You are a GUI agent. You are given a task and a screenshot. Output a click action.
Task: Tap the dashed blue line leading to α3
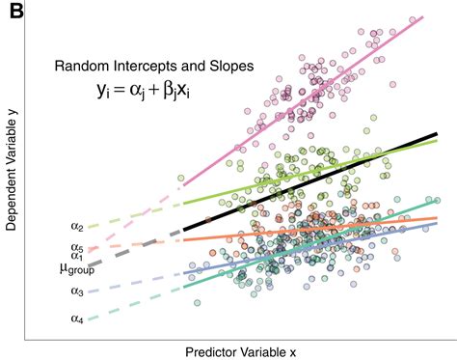pyautogui.click(x=135, y=283)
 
